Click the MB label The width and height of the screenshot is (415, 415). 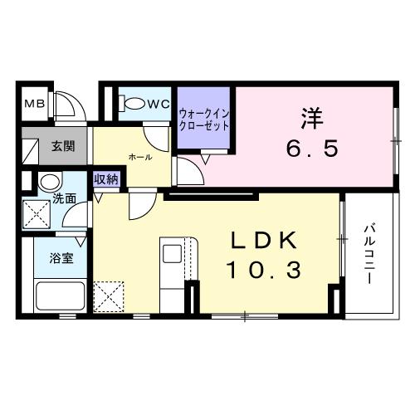tap(33, 105)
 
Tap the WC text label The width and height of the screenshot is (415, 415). tap(158, 104)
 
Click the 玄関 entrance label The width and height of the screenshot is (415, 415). tap(63, 147)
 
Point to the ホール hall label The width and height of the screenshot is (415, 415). tap(139, 156)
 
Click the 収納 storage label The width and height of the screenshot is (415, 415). tap(105, 178)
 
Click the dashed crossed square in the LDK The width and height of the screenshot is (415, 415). tap(109, 295)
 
